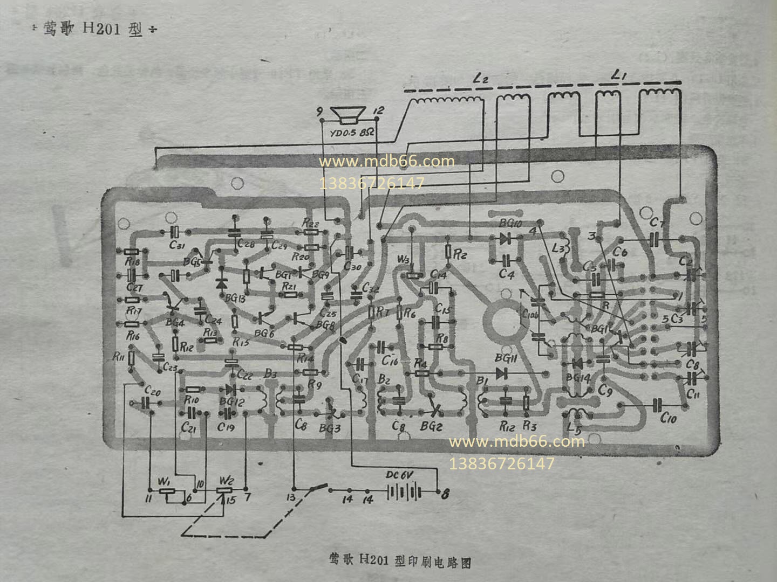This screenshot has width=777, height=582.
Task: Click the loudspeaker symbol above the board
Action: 348,115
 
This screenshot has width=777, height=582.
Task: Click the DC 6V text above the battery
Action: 399,476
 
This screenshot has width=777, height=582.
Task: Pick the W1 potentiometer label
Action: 163,480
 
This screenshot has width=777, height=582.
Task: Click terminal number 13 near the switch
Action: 291,497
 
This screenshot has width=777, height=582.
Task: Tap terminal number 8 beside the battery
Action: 445,493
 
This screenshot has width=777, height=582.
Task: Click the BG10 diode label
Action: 510,223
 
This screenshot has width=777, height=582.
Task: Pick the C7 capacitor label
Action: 656,222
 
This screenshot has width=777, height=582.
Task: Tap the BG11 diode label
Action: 506,358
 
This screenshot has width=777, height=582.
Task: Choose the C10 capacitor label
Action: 668,418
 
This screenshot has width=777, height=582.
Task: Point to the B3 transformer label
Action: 270,373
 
